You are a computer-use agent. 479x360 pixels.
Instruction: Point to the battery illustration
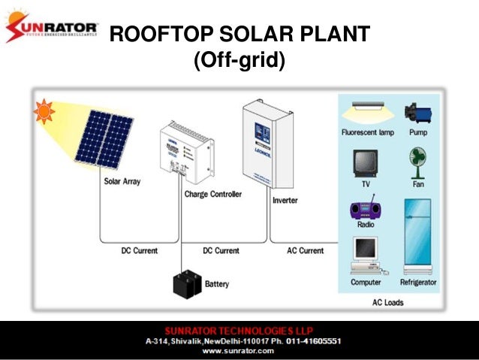tap(187, 283)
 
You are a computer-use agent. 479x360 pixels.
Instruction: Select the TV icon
tap(366, 162)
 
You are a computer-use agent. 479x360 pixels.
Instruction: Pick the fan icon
tap(418, 162)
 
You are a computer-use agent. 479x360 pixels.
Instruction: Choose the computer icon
tap(366, 256)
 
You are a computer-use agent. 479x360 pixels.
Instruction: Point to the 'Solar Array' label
tap(122, 181)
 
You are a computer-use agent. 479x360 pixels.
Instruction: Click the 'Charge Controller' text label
tap(213, 194)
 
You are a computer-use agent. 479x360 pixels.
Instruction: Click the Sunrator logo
tap(52, 31)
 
